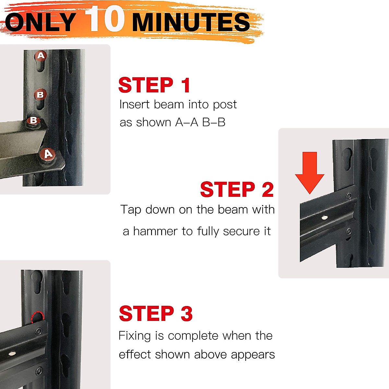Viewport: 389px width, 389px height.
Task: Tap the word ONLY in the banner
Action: [41, 22]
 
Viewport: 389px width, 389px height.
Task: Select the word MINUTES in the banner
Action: [191, 22]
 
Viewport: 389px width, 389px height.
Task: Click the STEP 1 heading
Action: [154, 85]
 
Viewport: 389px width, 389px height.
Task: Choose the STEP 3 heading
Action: [156, 313]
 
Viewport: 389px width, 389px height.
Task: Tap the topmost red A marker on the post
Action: [41, 55]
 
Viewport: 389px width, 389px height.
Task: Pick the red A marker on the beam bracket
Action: [48, 154]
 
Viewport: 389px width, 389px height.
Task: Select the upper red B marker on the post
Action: [41, 94]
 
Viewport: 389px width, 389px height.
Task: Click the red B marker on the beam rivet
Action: [33, 121]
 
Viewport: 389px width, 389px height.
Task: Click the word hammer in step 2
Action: [155, 231]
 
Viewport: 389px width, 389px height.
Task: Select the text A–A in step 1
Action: [187, 122]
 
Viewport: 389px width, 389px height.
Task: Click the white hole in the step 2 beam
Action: [324, 218]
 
